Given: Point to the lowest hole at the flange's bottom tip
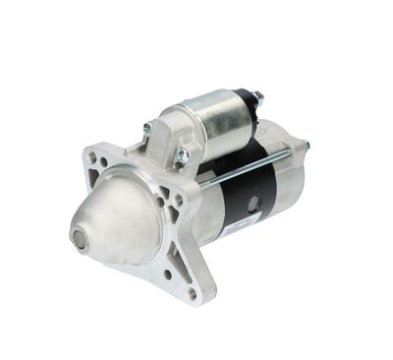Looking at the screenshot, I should pos(193,292).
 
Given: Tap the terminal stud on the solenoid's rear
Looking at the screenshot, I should pos(258,97).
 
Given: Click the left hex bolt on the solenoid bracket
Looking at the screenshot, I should pos(147,129).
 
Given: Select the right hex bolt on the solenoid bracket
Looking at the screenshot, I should pos(182,154).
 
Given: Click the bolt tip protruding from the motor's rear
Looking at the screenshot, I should pos(306,146).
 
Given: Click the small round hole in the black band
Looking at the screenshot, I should pos(253,204).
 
